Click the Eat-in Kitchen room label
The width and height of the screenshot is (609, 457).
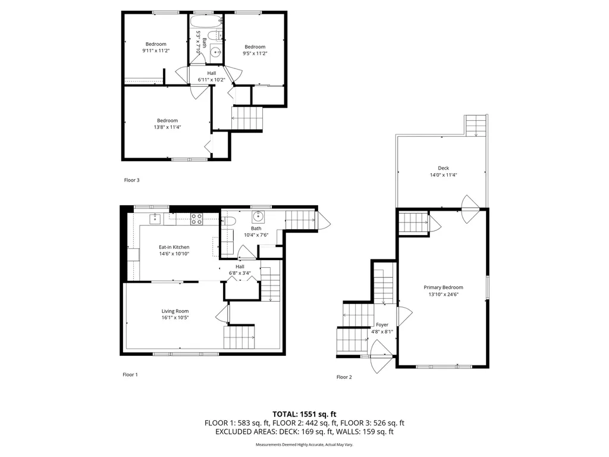174,247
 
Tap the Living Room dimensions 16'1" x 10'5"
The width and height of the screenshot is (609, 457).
175,318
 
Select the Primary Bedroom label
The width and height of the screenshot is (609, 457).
443,287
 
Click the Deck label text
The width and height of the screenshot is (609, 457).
443,168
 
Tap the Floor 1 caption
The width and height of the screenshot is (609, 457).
130,375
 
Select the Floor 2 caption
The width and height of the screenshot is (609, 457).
344,377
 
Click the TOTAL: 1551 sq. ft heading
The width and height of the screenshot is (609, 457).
304,414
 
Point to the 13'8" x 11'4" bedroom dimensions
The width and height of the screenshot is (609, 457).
167,127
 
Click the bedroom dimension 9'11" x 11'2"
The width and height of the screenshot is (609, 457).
156,51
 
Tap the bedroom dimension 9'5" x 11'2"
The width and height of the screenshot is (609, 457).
255,54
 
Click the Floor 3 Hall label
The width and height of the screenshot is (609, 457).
212,73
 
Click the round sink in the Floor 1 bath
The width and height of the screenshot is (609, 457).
259,216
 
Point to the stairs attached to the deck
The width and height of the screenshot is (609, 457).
476,126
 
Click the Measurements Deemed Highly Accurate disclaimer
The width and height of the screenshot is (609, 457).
304,445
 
